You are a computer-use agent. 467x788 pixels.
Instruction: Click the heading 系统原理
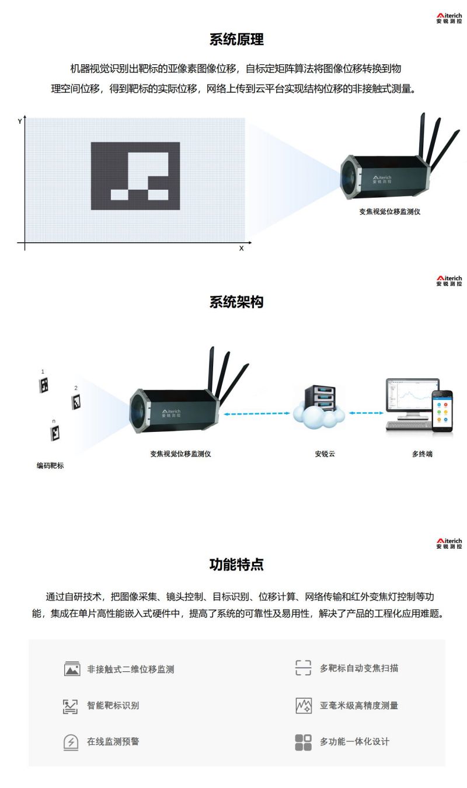[236, 39]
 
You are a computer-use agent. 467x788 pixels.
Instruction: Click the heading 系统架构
[236, 302]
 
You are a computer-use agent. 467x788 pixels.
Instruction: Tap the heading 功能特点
[236, 564]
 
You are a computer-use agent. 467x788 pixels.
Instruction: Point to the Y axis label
[20, 121]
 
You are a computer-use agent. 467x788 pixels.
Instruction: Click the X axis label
[242, 248]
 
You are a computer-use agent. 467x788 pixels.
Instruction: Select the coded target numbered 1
[44, 385]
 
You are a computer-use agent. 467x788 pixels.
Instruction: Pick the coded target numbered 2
[76, 402]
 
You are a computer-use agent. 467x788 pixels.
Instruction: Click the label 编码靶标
[50, 465]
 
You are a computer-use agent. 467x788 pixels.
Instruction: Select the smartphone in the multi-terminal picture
[442, 411]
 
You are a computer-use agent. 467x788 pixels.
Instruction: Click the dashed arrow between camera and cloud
[257, 414]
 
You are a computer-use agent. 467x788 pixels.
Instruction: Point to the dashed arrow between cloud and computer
[366, 413]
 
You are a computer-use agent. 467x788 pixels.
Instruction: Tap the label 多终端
[422, 454]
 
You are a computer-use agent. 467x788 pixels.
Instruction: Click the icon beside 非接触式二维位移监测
[72, 668]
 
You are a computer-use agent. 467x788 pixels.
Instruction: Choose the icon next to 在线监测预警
[71, 742]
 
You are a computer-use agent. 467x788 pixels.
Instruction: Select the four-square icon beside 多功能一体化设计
[303, 742]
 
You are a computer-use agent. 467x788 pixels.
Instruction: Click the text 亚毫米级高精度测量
[358, 705]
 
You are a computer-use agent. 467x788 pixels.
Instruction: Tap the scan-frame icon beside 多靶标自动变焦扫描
[303, 668]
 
